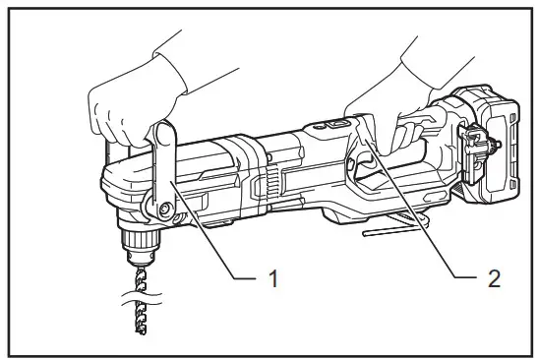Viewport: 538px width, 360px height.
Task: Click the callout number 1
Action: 274,279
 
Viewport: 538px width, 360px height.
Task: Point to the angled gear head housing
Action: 123,192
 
